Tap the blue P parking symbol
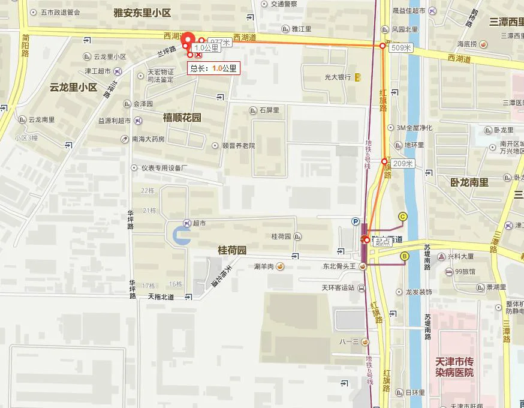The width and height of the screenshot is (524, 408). coord(356,221)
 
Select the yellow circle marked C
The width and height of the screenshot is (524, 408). coord(402,217)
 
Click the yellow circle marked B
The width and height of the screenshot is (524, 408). coord(404,257)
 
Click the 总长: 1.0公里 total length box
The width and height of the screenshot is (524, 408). coord(213,68)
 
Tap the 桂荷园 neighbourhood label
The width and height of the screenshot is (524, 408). coord(232,250)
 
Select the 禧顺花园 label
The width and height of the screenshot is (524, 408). coord(182,118)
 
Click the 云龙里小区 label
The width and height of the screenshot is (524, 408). coord(74,87)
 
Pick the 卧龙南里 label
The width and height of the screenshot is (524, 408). coord(469,182)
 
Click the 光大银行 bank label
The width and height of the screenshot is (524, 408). coord(338,77)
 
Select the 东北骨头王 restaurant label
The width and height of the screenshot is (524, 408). coord(340,266)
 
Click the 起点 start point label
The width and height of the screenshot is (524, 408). coord(382,241)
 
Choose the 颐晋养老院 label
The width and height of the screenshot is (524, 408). coord(238,145)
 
